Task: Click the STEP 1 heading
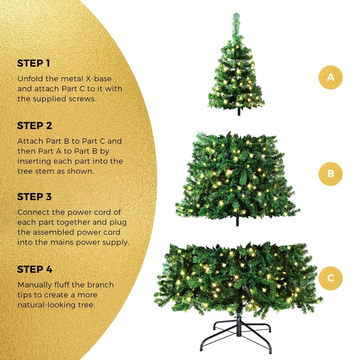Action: pyautogui.click(x=34, y=63)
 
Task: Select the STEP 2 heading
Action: pyautogui.click(x=34, y=126)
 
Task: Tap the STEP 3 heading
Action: pyautogui.click(x=34, y=197)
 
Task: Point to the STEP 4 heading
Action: pyautogui.click(x=34, y=269)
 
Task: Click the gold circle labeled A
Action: pyautogui.click(x=330, y=77)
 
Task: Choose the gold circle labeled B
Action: pyautogui.click(x=330, y=174)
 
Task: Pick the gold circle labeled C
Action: pyautogui.click(x=330, y=278)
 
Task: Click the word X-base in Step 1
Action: pyautogui.click(x=100, y=78)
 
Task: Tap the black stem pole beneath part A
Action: pyautogui.click(x=238, y=112)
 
